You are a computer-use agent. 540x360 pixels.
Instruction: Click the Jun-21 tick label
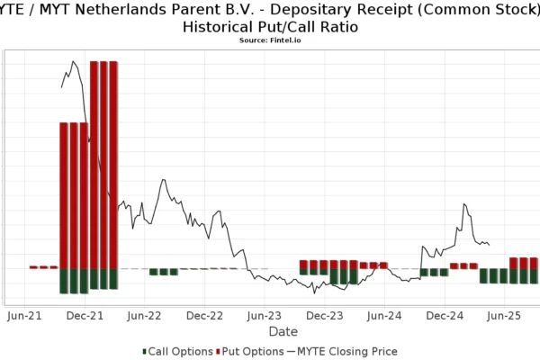point(23,316)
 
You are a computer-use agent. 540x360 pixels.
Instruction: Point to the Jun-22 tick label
point(144,316)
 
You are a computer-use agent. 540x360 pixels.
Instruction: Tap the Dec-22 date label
point(204,316)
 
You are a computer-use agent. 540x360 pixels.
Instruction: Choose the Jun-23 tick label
point(265,316)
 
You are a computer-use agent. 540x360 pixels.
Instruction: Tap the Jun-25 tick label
point(505,316)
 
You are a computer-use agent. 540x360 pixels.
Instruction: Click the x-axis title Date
point(283,331)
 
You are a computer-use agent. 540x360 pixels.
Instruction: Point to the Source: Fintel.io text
point(270,40)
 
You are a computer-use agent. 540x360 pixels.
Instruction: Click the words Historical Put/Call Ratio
point(270,27)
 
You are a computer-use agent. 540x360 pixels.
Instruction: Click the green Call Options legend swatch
point(144,351)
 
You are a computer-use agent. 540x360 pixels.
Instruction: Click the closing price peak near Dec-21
point(72,62)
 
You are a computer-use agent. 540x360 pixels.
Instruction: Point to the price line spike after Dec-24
point(464,204)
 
